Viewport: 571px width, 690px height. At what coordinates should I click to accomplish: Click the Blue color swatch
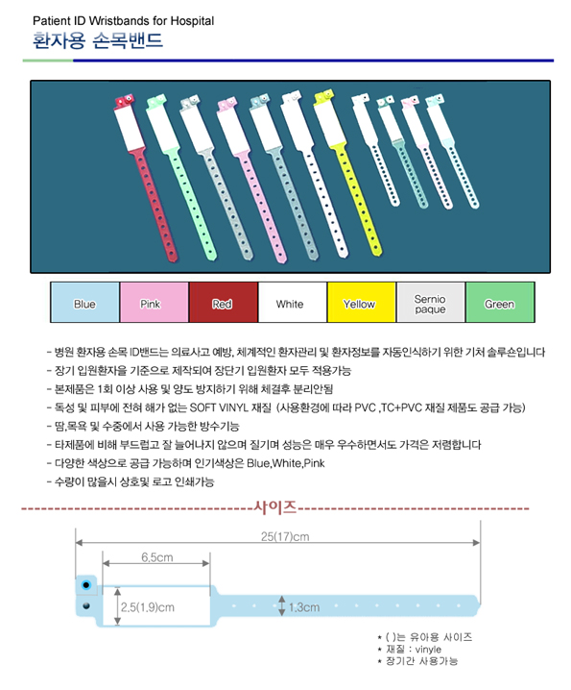(x=84, y=303)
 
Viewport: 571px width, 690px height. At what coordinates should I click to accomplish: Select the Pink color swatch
(x=155, y=303)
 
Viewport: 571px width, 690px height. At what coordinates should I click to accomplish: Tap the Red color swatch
(x=224, y=303)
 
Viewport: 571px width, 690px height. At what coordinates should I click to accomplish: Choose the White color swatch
(x=293, y=303)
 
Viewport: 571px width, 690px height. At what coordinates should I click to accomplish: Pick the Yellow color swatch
(x=362, y=303)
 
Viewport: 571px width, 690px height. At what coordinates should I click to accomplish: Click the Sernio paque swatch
(x=430, y=303)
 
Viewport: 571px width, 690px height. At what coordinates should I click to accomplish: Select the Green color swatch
(x=500, y=303)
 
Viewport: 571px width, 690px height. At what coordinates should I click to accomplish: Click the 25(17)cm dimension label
(x=285, y=537)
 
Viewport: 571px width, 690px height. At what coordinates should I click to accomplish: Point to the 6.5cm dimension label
(x=157, y=557)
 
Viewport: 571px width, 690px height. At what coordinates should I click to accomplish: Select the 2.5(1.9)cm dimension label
(x=148, y=607)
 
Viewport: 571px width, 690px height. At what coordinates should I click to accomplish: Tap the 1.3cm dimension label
(x=304, y=607)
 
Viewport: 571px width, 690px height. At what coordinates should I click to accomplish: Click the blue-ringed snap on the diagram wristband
(x=86, y=585)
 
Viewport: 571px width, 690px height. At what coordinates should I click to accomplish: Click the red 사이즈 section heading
(x=275, y=507)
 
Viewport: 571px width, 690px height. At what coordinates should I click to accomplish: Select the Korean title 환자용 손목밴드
(x=98, y=40)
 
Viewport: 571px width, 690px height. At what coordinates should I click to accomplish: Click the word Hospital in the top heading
(x=192, y=21)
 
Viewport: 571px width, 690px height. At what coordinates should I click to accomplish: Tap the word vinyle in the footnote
(x=428, y=649)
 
